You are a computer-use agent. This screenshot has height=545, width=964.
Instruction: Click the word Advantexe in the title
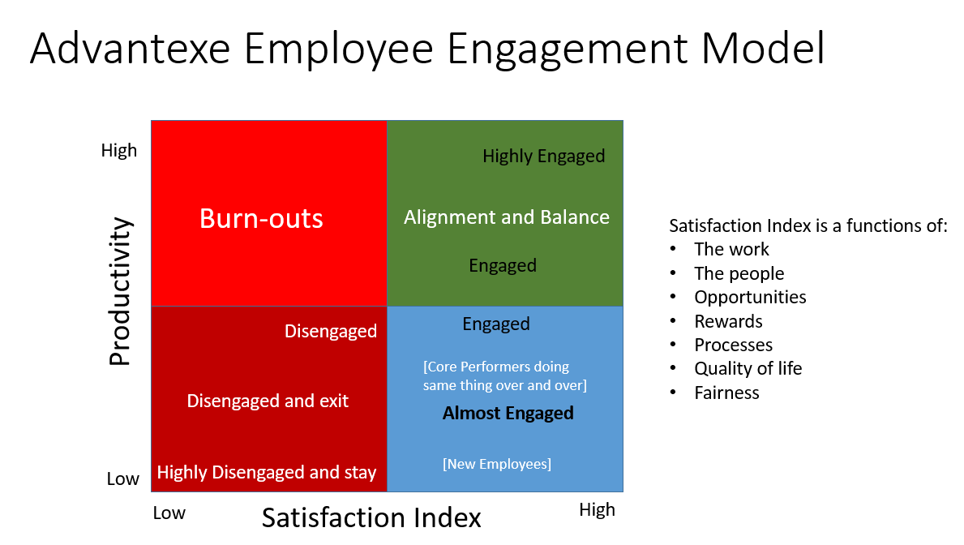pyautogui.click(x=131, y=48)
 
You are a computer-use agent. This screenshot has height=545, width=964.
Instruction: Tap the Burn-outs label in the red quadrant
pyautogui.click(x=261, y=218)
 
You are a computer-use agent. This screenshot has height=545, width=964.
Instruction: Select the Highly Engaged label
pyautogui.click(x=543, y=157)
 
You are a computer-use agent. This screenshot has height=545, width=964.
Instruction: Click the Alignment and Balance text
pyautogui.click(x=507, y=217)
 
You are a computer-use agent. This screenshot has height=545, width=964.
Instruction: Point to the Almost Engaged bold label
pyautogui.click(x=508, y=413)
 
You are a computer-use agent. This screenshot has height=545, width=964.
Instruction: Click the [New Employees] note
pyautogui.click(x=497, y=464)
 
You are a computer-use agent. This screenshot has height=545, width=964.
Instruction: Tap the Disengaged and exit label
pyautogui.click(x=268, y=401)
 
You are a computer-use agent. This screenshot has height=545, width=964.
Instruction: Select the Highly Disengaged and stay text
pyautogui.click(x=266, y=473)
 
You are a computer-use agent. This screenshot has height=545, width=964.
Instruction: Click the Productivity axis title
pyautogui.click(x=120, y=291)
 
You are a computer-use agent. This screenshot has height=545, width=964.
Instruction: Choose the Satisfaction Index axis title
pyautogui.click(x=371, y=518)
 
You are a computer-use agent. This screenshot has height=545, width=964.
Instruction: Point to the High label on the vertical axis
pyautogui.click(x=118, y=151)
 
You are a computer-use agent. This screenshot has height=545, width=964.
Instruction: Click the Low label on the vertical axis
pyautogui.click(x=123, y=478)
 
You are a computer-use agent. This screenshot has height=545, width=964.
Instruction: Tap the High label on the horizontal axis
pyautogui.click(x=597, y=510)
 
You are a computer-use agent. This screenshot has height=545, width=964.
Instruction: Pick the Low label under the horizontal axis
pyautogui.click(x=169, y=513)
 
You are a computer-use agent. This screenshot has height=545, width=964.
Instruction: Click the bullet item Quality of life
pyautogui.click(x=748, y=368)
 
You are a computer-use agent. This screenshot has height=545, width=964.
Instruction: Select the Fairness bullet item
pyautogui.click(x=726, y=393)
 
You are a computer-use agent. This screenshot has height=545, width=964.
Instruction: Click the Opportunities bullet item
pyautogui.click(x=750, y=297)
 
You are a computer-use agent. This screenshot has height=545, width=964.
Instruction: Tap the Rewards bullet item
pyautogui.click(x=729, y=321)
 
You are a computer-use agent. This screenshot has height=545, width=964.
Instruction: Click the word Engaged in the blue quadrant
pyautogui.click(x=496, y=324)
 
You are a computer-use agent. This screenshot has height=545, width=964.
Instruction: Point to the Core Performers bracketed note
pyautogui.click(x=505, y=375)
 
